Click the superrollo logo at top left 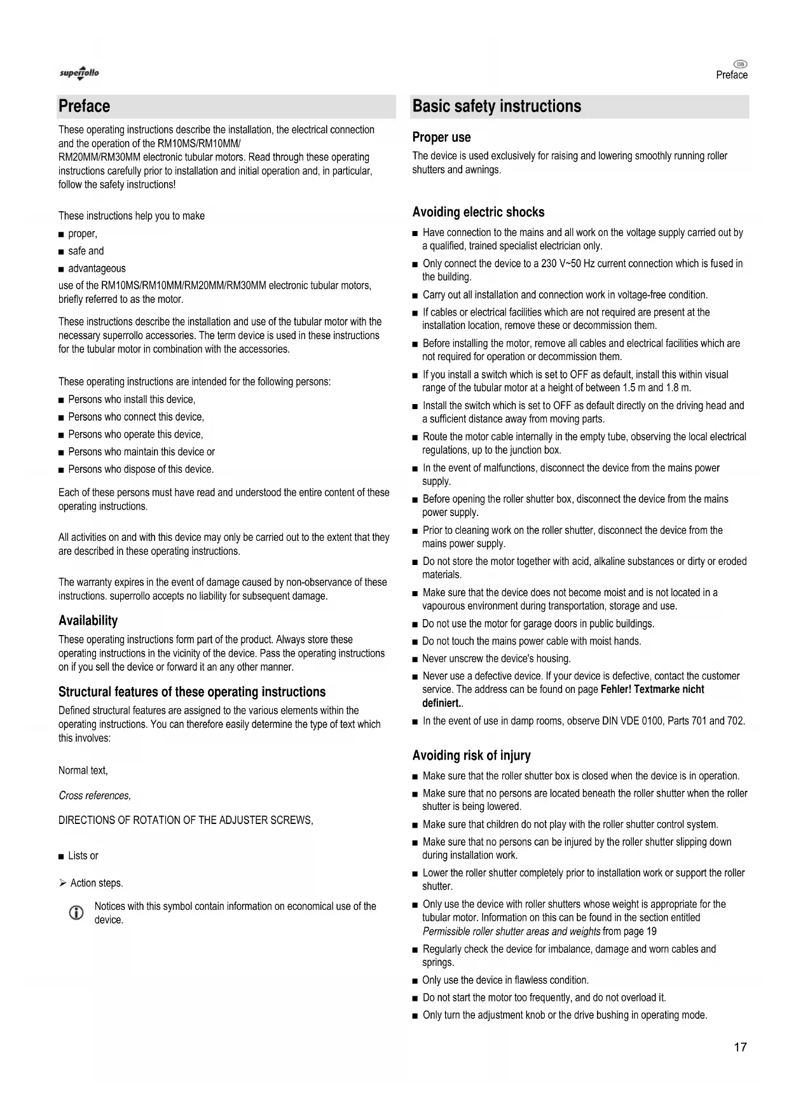click(79, 73)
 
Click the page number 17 click(740, 1047)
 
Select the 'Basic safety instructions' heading click(497, 106)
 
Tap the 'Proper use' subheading click(441, 137)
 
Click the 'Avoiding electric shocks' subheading click(478, 212)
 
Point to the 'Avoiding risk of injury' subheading click(471, 755)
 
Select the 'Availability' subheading click(88, 620)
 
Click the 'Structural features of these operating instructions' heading click(192, 692)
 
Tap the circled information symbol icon click(76, 913)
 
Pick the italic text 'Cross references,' click(95, 795)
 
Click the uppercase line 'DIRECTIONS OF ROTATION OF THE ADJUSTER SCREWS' click(185, 820)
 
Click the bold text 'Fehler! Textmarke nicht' click(652, 689)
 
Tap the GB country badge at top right click(740, 64)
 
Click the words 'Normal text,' click(83, 771)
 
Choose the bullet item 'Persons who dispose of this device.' click(141, 469)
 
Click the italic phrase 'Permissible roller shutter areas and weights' click(511, 931)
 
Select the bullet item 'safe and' click(86, 251)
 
